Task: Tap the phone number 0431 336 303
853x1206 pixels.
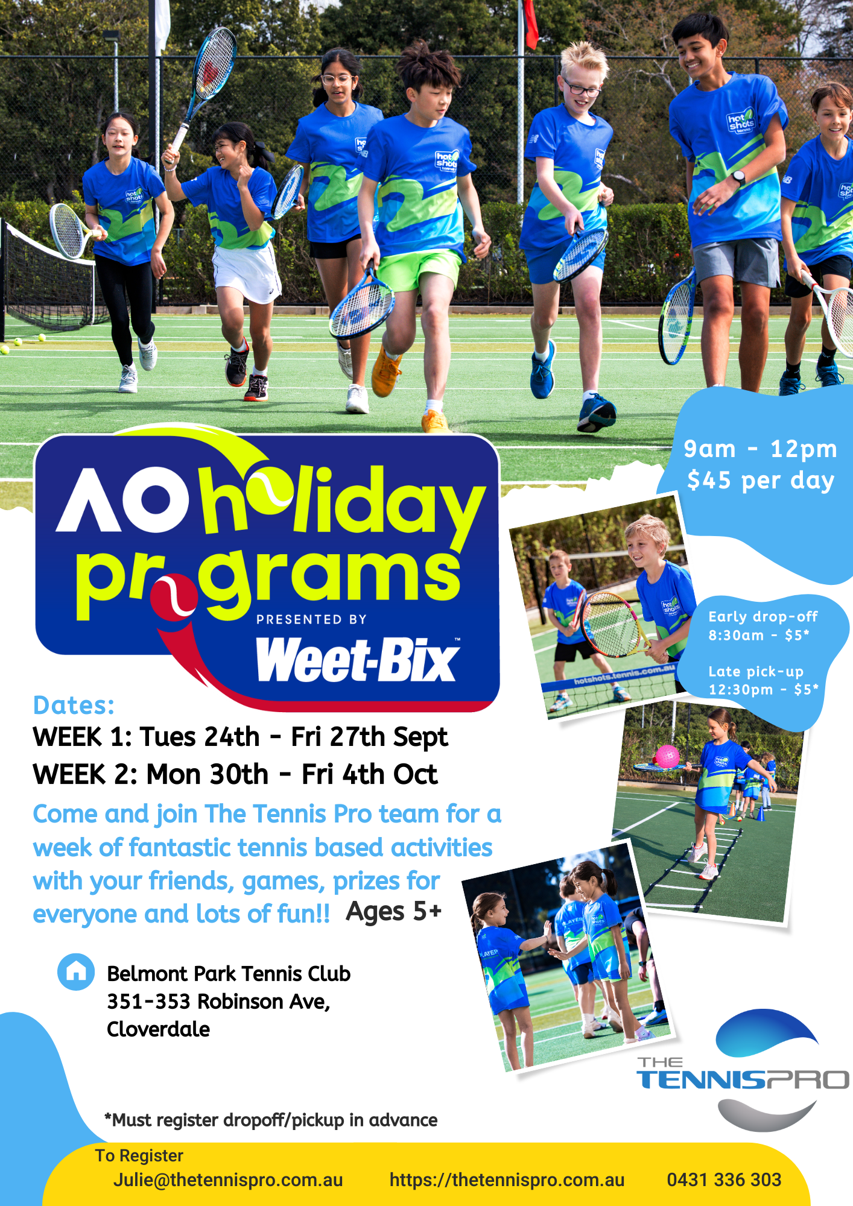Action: click(x=724, y=1179)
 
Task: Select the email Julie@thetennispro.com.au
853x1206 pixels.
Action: click(x=228, y=1180)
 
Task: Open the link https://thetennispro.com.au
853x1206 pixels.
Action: click(x=507, y=1180)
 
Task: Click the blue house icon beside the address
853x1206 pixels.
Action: click(x=76, y=971)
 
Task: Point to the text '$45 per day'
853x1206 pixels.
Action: click(x=761, y=481)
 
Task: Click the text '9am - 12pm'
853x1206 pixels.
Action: click(x=761, y=449)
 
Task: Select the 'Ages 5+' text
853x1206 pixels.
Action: click(x=394, y=912)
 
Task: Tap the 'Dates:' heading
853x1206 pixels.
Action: click(x=74, y=705)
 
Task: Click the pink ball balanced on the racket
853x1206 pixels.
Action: click(x=667, y=757)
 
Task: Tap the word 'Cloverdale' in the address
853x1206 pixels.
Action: click(x=158, y=1029)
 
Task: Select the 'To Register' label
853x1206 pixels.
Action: click(x=139, y=1155)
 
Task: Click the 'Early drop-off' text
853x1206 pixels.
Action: click(x=763, y=616)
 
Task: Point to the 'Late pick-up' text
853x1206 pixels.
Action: click(x=756, y=671)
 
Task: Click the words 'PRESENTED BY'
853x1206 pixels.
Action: click(x=311, y=619)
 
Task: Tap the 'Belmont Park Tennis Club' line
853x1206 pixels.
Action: click(x=229, y=973)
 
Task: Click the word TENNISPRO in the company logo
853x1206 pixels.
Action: click(x=743, y=1079)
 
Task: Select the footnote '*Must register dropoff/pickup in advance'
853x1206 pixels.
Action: click(x=271, y=1120)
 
